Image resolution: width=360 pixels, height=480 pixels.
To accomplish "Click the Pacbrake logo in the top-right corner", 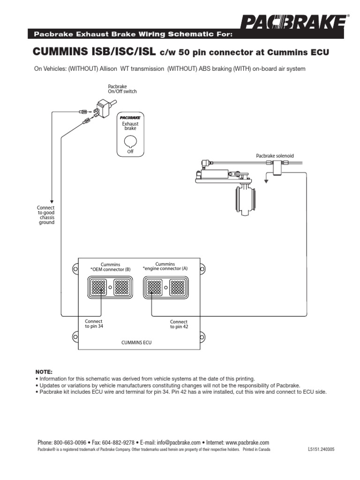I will click(295, 23).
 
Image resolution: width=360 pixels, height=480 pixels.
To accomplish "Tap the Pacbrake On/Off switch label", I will click(122, 89).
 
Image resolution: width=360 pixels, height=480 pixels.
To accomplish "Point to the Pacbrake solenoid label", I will click(275, 156).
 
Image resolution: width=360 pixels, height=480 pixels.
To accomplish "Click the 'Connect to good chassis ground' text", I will click(46, 215).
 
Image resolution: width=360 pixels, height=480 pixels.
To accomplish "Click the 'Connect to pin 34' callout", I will click(94, 324).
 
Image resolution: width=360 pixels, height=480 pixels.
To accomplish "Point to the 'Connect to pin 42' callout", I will click(179, 324).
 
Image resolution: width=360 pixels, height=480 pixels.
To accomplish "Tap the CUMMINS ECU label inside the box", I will click(136, 343).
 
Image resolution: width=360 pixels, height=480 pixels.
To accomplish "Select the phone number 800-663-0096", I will click(70, 442).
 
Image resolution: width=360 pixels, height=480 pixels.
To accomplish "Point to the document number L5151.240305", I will click(321, 449).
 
